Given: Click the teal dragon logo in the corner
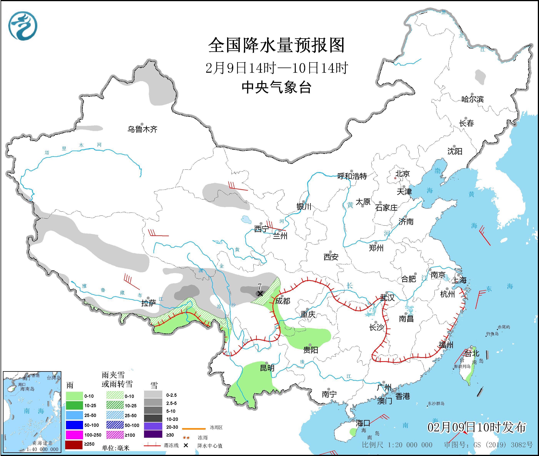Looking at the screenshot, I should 23,26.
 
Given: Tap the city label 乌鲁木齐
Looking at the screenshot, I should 142,129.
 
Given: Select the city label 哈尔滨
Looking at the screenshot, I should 472,99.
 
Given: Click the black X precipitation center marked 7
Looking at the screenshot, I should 260,294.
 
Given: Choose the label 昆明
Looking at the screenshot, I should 267,368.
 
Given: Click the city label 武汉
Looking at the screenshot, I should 387,298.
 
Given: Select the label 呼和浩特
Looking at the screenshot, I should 352,176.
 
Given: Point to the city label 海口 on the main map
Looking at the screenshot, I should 363,423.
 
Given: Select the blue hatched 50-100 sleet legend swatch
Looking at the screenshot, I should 115,425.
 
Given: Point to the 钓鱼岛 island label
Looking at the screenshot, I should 492,334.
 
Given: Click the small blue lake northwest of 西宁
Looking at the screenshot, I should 246,220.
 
